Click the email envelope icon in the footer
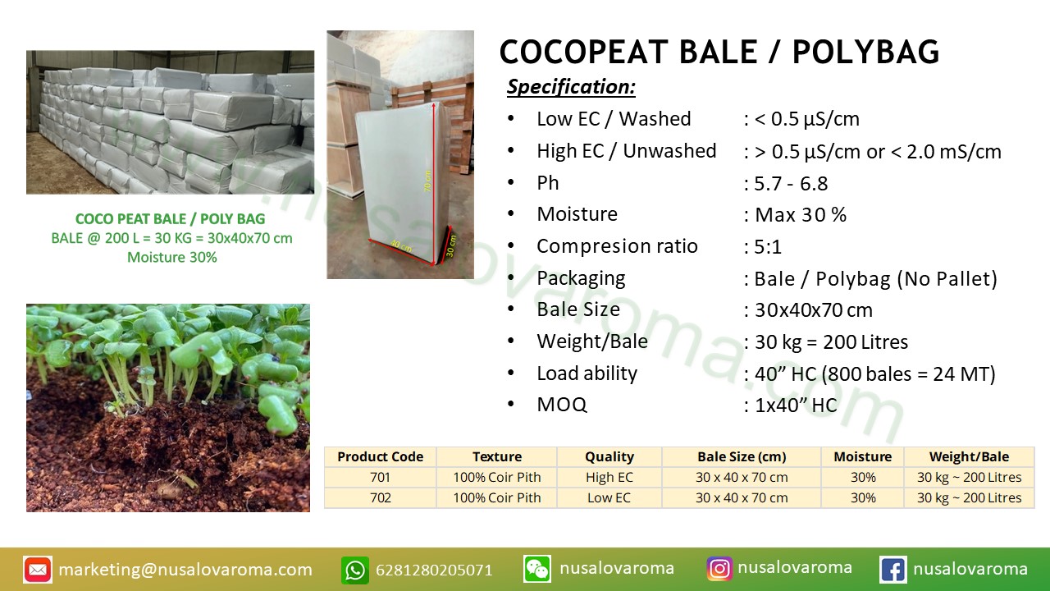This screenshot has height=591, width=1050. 38,570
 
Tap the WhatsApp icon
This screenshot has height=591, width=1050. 355,570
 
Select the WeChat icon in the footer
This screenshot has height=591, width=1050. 537,569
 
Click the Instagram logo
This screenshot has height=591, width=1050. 719,569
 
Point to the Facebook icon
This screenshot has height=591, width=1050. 893,570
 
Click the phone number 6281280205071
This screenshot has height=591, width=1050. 434,570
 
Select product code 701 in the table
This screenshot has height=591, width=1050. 380,477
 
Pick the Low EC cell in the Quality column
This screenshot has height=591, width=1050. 609,497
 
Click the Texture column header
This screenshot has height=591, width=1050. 497,456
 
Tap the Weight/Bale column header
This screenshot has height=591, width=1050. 969,456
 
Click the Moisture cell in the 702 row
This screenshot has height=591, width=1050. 863,497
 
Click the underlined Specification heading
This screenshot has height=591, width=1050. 571,87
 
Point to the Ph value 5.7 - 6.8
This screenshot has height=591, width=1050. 791,183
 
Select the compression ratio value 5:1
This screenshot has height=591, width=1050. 768,247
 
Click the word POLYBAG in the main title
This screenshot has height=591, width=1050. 865,52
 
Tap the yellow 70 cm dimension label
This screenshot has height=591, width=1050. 427,181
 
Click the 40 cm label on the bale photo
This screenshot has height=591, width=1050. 401,245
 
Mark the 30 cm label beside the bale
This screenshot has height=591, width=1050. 450,245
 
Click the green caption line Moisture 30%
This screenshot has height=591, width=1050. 172,258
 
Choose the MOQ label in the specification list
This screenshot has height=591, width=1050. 562,405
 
